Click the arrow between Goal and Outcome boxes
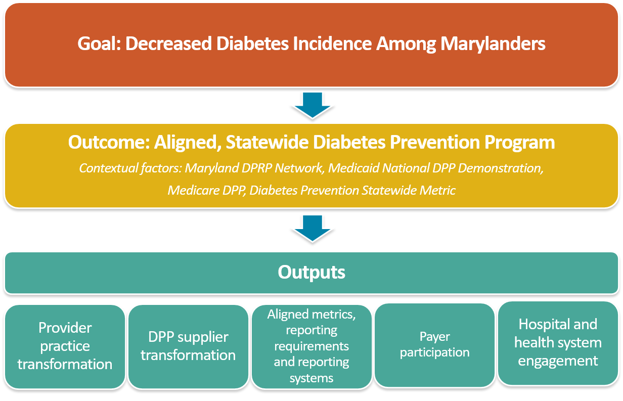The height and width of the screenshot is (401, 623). coord(313,105)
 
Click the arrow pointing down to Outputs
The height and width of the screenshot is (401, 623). coord(313,228)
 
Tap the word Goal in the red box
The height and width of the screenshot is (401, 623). coord(99,43)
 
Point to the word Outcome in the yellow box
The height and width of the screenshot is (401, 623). coord(109,142)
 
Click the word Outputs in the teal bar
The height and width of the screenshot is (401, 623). coord(312,272)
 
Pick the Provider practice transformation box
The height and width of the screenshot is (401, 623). coord(65,346)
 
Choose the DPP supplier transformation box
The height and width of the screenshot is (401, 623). coord(188,346)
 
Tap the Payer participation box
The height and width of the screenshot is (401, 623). coord(434,345)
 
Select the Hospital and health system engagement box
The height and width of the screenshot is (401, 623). coord(558,343)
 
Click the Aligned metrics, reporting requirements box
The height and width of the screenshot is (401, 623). coord(312,346)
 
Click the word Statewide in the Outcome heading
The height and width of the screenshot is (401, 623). coord(267,142)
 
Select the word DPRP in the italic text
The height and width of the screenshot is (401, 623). coord(257,168)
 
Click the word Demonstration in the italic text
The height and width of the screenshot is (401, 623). coord(501,168)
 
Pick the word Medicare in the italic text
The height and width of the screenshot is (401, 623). coord(193,191)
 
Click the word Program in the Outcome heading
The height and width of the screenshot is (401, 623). coord(519,143)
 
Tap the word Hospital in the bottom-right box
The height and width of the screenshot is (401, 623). coord(541,325)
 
